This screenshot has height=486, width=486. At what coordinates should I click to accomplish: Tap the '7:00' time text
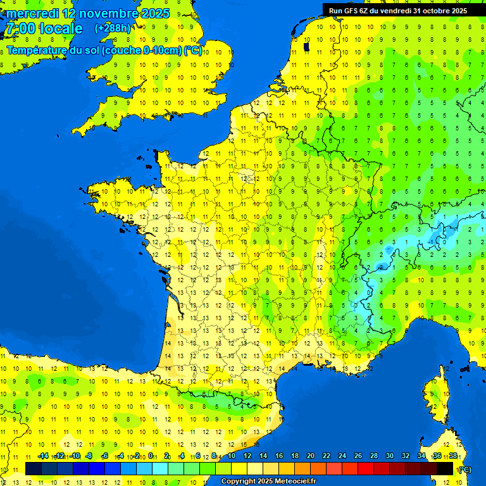[x=20, y=28]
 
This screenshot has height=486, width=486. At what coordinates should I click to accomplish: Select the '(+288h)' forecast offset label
[x=113, y=28]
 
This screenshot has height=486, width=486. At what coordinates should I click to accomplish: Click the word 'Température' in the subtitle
[x=37, y=51]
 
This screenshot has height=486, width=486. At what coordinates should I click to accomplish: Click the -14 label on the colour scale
[x=43, y=456]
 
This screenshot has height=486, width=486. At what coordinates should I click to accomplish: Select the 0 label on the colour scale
[x=151, y=456]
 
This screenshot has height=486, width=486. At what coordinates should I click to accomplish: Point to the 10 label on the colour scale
[x=232, y=456]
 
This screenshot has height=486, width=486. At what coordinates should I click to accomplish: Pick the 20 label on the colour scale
[x=310, y=456]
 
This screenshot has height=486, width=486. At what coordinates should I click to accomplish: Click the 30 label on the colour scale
[x=389, y=456]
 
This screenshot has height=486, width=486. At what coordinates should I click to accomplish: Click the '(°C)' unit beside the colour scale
[x=464, y=469]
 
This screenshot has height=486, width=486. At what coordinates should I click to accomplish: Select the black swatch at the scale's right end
[x=445, y=468]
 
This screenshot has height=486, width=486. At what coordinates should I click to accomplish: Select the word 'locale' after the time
[x=61, y=28]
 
